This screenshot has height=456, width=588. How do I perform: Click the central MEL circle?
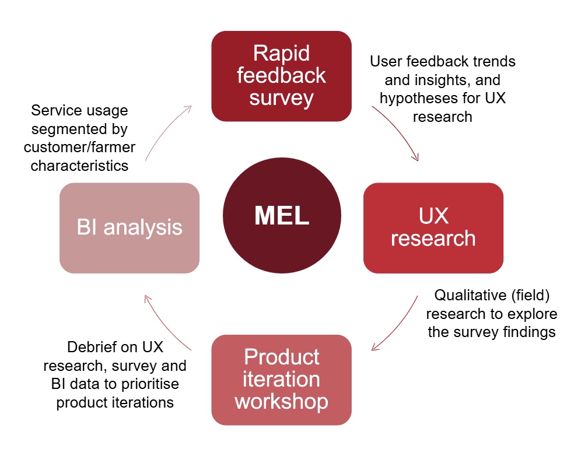[282, 216]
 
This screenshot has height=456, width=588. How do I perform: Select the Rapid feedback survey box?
[281, 76]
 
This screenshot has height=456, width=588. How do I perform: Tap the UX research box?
[433, 228]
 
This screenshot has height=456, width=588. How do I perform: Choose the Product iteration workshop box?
[281, 380]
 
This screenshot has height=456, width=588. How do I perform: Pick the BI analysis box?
[129, 228]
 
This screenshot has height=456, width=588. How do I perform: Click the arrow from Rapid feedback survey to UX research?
[400, 132]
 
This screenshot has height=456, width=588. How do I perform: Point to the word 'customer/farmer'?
[79, 147]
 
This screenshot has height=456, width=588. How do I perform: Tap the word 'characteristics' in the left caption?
[79, 166]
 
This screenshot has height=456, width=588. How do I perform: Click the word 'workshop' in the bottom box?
[281, 402]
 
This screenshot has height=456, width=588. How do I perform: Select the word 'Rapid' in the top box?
[281, 54]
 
